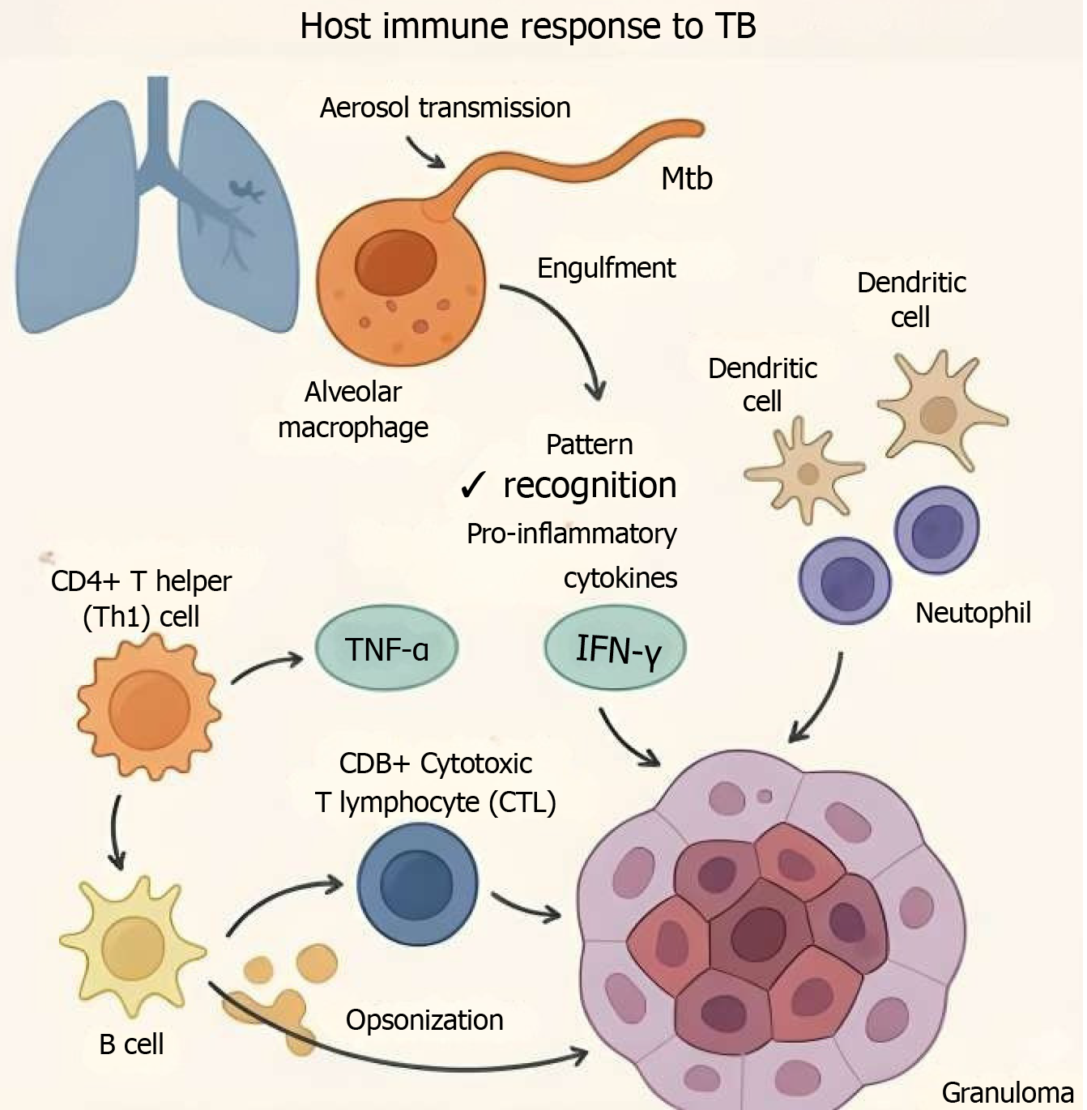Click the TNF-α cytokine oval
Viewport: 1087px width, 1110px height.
(386, 649)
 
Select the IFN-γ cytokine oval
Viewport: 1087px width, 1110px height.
(616, 649)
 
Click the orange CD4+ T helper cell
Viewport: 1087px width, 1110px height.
(148, 706)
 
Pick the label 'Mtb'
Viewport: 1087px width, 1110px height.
(686, 179)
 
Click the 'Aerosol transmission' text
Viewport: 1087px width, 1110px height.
(445, 108)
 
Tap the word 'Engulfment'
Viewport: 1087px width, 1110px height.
(606, 268)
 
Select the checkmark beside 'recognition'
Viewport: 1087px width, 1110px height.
(472, 486)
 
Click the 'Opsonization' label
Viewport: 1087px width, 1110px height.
(424, 1020)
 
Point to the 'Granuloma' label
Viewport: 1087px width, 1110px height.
(1007, 1093)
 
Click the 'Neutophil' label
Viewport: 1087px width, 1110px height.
(973, 613)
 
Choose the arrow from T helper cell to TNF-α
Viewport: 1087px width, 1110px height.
(266, 667)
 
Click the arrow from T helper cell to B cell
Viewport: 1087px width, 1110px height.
(117, 832)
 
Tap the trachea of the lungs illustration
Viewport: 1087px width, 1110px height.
(158, 121)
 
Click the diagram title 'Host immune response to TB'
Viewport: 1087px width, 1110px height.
(528, 26)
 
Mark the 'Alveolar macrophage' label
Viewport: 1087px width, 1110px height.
(353, 410)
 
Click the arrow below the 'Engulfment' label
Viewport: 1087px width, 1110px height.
(567, 332)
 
